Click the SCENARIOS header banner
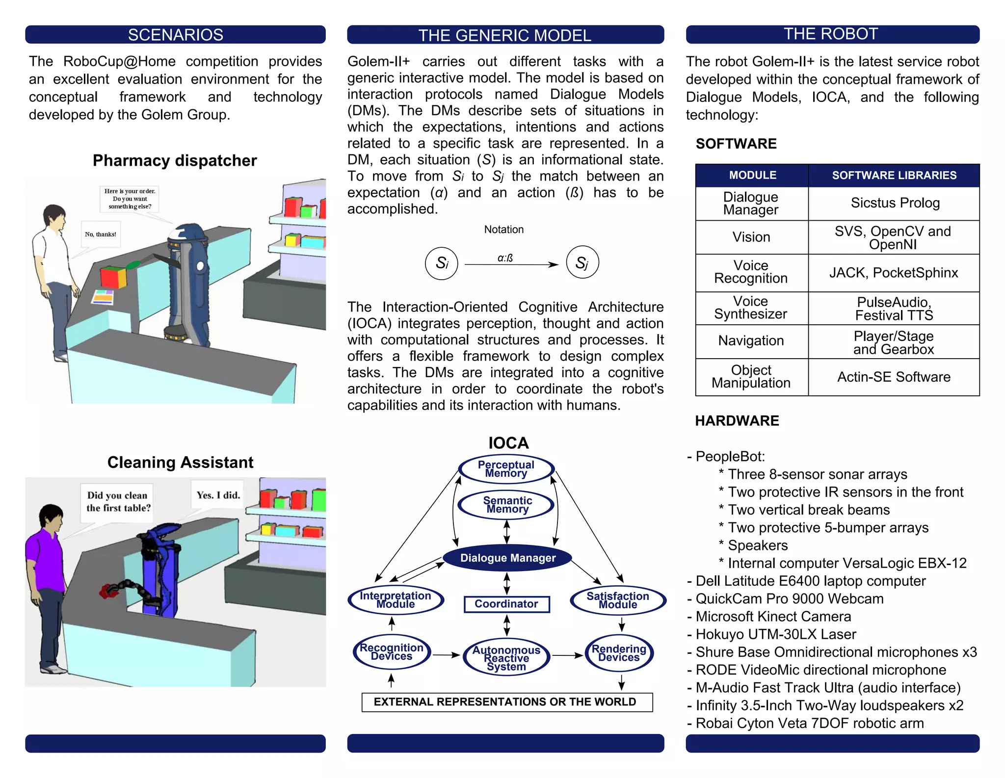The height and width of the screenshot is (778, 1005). (175, 35)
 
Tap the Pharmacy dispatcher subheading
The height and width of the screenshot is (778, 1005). (175, 160)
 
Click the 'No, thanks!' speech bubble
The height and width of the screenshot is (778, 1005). (101, 234)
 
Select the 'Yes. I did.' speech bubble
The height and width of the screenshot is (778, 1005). (218, 495)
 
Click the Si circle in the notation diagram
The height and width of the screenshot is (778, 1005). (442, 263)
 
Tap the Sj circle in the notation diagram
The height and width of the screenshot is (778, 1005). (582, 262)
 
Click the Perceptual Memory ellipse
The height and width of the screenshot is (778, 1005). (506, 469)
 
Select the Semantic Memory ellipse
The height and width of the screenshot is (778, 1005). (507, 505)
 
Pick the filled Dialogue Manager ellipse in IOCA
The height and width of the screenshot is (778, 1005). (507, 558)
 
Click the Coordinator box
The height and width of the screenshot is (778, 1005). (506, 604)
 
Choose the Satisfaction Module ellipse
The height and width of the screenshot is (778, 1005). (618, 600)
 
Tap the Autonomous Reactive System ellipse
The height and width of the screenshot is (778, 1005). (506, 658)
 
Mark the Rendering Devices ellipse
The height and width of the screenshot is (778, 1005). (619, 653)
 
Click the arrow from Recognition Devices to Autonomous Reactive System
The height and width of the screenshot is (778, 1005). (446, 655)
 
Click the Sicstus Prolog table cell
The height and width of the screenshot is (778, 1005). (895, 203)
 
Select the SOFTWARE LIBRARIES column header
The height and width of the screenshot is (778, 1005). (894, 175)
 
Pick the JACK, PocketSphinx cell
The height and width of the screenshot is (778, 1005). (894, 273)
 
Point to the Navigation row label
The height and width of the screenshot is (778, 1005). (751, 341)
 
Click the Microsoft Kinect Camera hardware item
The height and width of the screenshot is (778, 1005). (773, 617)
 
